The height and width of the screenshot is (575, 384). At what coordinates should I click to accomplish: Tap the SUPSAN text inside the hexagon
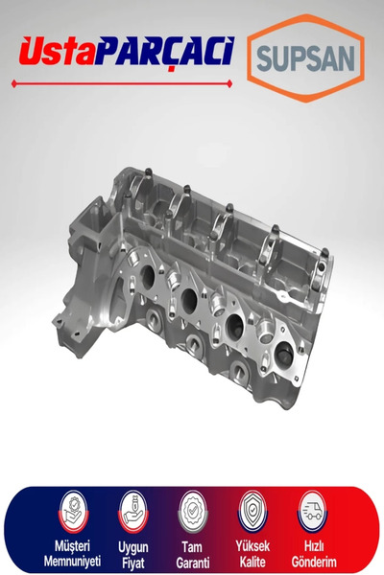click(x=305, y=57)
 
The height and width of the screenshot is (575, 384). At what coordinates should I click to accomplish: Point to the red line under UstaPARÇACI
click(x=122, y=83)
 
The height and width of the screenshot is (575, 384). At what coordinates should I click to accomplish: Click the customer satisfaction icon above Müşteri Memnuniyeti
click(x=74, y=513)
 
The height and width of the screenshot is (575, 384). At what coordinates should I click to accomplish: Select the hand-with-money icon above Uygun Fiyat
click(x=133, y=513)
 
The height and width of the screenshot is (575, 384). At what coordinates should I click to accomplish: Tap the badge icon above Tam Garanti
click(x=193, y=513)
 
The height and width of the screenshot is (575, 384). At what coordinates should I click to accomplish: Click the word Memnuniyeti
click(x=72, y=561)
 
